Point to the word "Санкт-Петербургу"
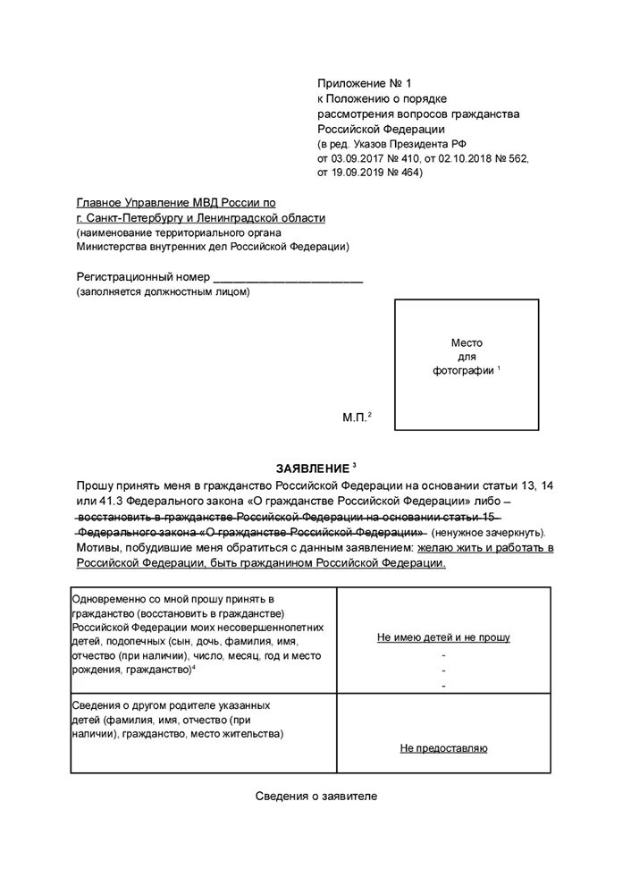131,218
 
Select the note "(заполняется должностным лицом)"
163,292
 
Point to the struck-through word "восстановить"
115,517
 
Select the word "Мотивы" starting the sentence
100,547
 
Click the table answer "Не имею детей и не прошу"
443,637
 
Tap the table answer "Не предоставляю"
443,748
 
